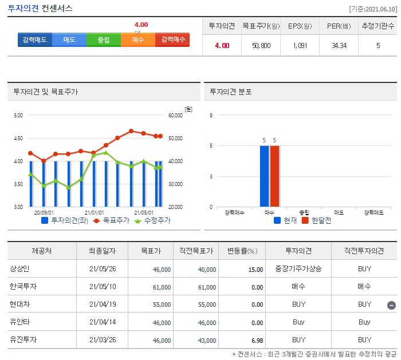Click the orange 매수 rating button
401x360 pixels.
pyautogui.click(x=138, y=40)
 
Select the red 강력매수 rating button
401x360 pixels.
pyautogui.click(x=172, y=40)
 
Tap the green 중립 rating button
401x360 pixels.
pyautogui.click(x=104, y=40)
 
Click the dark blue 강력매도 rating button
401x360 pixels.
pyautogui.click(x=35, y=40)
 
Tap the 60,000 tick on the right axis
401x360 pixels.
pyautogui.click(x=175, y=115)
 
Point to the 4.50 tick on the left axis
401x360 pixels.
pyautogui.click(x=18, y=138)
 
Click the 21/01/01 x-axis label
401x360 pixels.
pyautogui.click(x=95, y=212)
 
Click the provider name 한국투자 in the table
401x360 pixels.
pyautogui.click(x=23, y=287)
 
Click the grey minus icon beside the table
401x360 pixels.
pyautogui.click(x=391, y=305)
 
